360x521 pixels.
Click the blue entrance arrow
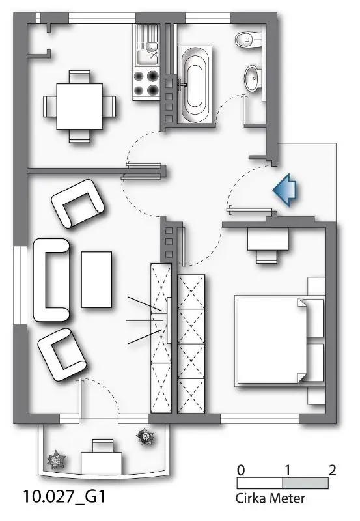point(285,190)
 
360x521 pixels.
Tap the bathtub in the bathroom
point(195,85)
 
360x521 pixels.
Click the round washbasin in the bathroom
point(253,78)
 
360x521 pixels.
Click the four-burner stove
point(146,84)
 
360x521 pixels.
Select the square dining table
point(79,106)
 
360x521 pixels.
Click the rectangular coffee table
point(96,279)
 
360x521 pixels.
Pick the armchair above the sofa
point(77,203)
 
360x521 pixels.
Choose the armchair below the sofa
point(62,354)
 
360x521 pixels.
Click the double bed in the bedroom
point(279,341)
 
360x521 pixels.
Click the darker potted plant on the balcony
point(145,436)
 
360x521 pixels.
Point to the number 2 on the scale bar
point(332,470)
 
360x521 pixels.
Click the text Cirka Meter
point(270,498)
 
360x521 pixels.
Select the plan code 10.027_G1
point(64,496)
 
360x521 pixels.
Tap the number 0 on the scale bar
point(241,470)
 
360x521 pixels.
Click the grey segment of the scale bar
point(305,483)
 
